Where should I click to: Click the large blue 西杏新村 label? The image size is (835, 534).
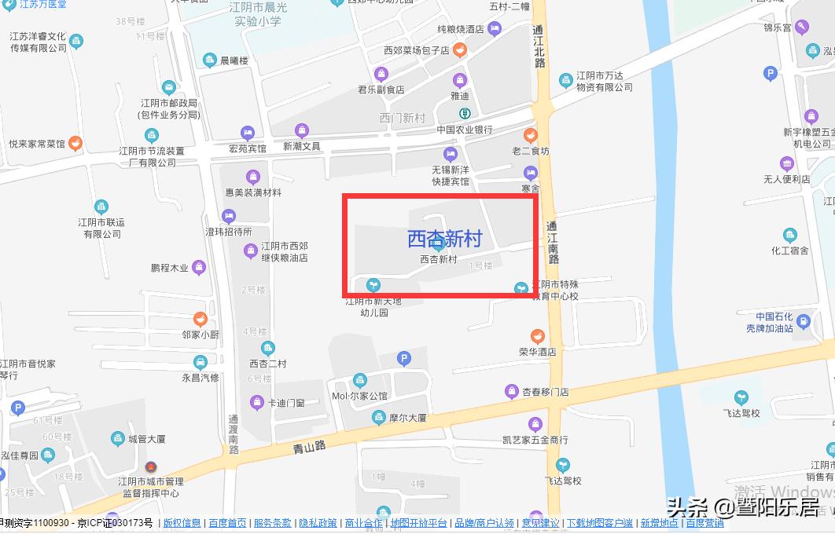pyautogui.click(x=443, y=237)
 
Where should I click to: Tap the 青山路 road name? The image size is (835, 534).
pyautogui.click(x=309, y=447)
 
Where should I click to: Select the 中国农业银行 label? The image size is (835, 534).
pyautogui.click(x=465, y=130)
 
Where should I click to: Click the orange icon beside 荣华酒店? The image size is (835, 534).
pyautogui.click(x=537, y=335)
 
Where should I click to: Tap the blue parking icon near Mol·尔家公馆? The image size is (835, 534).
pyautogui.click(x=404, y=360)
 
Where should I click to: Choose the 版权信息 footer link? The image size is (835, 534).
pyautogui.click(x=182, y=523)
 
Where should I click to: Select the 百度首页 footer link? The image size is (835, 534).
pyautogui.click(x=227, y=523)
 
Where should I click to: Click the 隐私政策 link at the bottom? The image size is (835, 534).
pyautogui.click(x=318, y=523)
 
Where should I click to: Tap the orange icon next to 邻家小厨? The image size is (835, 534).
pyautogui.click(x=200, y=318)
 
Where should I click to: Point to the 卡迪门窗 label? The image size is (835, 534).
pyautogui.click(x=286, y=403)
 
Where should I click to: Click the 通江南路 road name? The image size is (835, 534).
pyautogui.click(x=553, y=242)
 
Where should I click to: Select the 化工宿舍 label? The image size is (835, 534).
pyautogui.click(x=790, y=251)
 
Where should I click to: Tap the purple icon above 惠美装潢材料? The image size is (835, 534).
pyautogui.click(x=252, y=177)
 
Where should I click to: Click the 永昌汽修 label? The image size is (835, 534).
pyautogui.click(x=200, y=377)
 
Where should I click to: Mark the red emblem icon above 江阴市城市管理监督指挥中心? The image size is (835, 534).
pyautogui.click(x=150, y=466)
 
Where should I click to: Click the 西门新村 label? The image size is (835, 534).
pyautogui.click(x=402, y=119)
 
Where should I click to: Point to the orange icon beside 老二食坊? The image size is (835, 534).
pyautogui.click(x=531, y=135)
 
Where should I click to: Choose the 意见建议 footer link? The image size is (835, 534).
pyautogui.click(x=540, y=523)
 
